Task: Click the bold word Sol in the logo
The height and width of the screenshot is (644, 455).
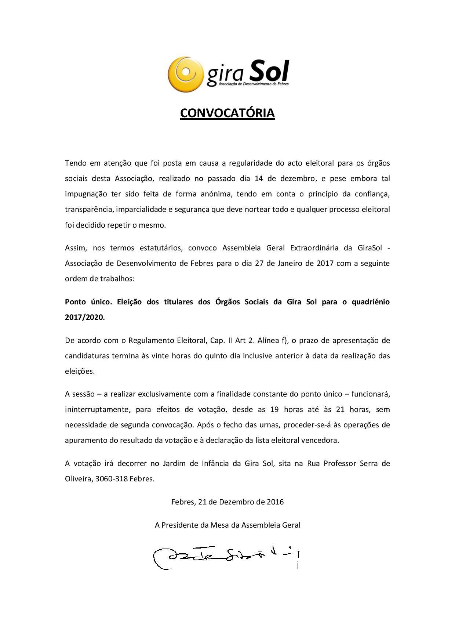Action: (x=269, y=71)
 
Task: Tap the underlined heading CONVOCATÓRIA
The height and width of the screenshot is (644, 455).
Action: (x=227, y=113)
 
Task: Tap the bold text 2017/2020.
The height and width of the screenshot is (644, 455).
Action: (x=85, y=318)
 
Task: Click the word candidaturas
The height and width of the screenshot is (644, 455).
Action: (x=87, y=356)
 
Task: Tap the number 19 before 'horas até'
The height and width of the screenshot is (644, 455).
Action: (x=274, y=409)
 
